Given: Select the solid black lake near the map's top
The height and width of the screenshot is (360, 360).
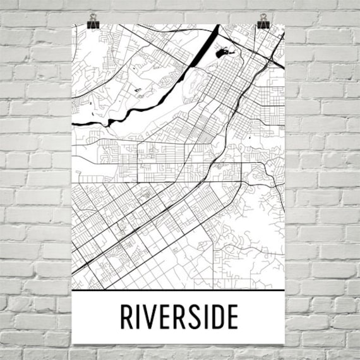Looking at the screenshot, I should tap(222, 54).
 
